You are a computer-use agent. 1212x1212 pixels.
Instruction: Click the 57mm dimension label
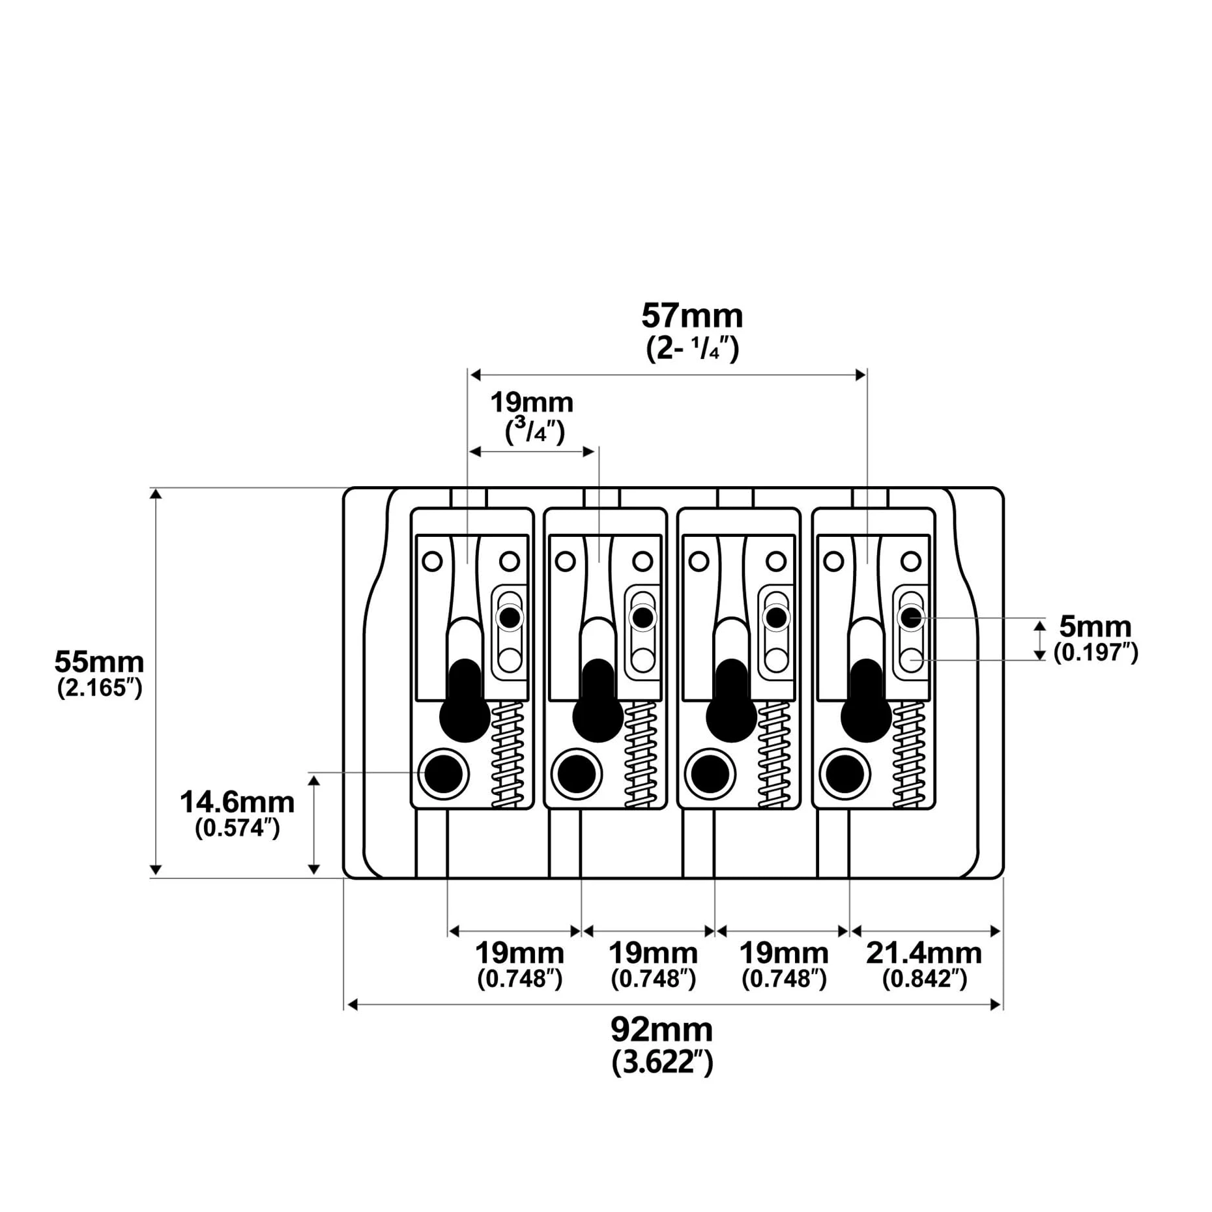[x=692, y=316]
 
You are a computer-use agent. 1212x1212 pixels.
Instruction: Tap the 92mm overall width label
[x=661, y=1030]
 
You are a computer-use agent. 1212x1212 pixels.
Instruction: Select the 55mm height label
[x=99, y=662]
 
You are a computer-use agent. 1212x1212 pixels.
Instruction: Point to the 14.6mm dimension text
[x=237, y=802]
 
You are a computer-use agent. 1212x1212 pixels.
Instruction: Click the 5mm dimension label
[x=1095, y=627]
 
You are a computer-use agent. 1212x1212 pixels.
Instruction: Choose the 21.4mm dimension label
[x=924, y=953]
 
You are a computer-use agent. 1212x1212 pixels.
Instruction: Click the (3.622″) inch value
[x=662, y=1063]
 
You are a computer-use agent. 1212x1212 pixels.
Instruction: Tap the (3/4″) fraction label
[x=535, y=431]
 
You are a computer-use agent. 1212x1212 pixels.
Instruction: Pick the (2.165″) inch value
[x=100, y=688]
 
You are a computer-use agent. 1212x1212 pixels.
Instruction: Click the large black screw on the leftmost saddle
[x=443, y=774]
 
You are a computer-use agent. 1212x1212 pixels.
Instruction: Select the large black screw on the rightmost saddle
[x=845, y=774]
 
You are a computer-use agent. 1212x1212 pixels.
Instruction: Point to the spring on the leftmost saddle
[x=508, y=755]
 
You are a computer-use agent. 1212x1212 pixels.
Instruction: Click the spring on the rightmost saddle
[x=909, y=755]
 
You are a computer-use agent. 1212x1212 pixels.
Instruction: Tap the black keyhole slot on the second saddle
[x=598, y=701]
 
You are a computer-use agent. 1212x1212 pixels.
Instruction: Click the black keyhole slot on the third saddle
[x=731, y=701]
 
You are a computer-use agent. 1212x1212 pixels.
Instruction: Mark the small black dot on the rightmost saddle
[x=911, y=617]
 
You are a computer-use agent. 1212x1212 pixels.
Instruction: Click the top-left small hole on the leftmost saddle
[x=433, y=560]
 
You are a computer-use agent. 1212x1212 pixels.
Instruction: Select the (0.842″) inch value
[x=924, y=979]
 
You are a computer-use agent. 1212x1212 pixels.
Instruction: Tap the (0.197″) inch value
[x=1096, y=652]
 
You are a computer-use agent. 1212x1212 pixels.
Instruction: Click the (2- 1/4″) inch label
[x=693, y=349]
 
